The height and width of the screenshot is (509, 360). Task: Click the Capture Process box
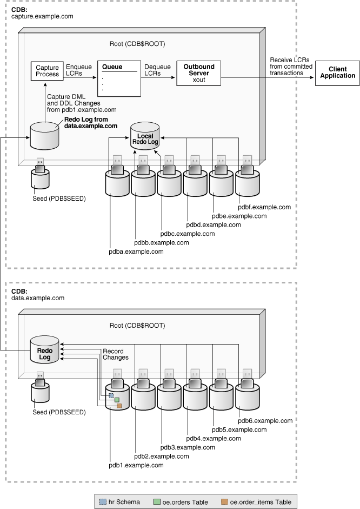click(47, 71)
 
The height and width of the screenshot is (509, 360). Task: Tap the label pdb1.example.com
click(136, 465)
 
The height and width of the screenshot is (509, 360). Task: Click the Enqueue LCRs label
click(78, 69)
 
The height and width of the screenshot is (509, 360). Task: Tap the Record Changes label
click(115, 354)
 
